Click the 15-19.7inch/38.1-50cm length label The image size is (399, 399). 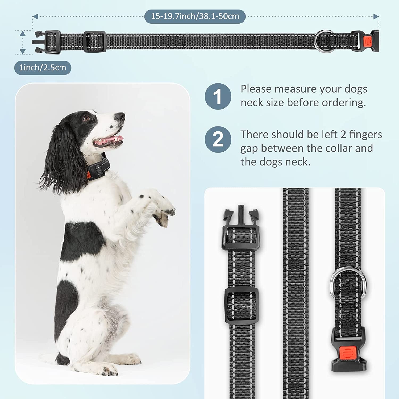195,16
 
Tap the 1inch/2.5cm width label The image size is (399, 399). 43,68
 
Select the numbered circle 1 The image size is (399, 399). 218,96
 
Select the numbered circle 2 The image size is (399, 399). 218,139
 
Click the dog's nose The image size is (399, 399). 120,116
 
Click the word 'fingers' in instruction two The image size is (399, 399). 365,135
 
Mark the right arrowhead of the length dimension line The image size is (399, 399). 376,16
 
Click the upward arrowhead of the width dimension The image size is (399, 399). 23,34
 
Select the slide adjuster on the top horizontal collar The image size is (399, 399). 95,41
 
